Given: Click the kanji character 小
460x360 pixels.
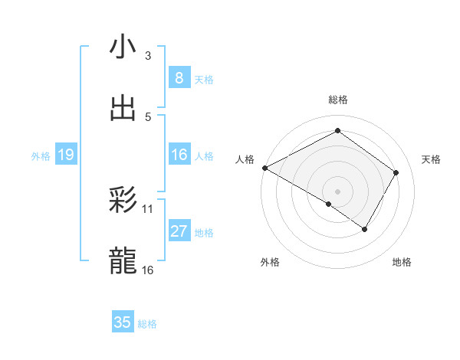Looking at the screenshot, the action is [x=123, y=47].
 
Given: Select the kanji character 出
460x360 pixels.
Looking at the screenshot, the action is [x=123, y=108].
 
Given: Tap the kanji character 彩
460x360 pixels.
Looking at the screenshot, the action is [x=123, y=200].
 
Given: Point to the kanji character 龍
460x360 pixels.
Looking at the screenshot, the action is [x=123, y=261].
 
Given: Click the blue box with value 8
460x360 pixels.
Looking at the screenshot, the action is [x=179, y=77].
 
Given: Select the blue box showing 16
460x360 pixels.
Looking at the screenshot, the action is [x=179, y=155].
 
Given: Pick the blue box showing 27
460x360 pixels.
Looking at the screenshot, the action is [x=179, y=232].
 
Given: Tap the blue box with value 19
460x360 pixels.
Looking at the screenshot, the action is [x=65, y=155].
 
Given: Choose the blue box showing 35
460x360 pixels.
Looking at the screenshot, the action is [x=123, y=322].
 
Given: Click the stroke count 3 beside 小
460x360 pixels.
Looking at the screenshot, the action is [x=148, y=55].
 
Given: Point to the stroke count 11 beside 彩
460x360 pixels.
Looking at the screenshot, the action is [x=148, y=208].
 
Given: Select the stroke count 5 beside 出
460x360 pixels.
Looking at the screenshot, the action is [x=148, y=116].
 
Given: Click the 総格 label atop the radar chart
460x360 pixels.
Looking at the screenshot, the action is [x=338, y=100].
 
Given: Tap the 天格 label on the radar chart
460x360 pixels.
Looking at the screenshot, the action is [x=432, y=159].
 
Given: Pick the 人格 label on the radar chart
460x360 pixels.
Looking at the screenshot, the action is [x=245, y=159].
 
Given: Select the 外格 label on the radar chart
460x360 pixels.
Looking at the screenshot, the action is [x=269, y=262].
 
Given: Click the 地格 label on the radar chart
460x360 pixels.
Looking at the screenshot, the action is [x=402, y=262].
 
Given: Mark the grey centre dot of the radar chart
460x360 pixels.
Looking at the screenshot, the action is [x=337, y=191].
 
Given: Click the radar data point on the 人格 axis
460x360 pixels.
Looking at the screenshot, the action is [x=264, y=168].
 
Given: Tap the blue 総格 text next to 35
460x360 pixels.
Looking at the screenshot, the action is [x=147, y=324].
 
